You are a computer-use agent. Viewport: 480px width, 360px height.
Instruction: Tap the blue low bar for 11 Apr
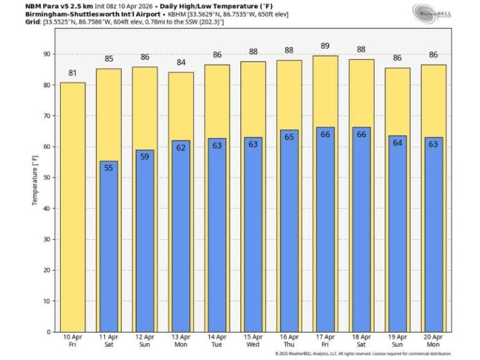tap(109, 246)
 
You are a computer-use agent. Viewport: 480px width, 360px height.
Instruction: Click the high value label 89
tap(325, 46)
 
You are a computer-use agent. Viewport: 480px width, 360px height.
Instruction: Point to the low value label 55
tap(109, 167)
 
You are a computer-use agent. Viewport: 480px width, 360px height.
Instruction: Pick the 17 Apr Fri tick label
tap(325, 341)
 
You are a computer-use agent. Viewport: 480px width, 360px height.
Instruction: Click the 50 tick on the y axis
tap(46, 177)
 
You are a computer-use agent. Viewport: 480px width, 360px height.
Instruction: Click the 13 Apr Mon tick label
tap(181, 341)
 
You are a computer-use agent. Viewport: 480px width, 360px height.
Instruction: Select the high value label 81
tap(72, 73)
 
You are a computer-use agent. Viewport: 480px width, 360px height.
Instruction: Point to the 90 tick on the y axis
tap(46, 54)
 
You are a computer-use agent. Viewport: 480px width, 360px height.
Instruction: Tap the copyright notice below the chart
tap(362, 354)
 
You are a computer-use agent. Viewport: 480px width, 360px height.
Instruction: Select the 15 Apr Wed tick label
tap(253, 341)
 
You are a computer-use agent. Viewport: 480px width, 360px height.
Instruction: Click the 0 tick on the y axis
tap(48, 331)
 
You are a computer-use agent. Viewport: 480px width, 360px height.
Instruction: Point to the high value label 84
tap(181, 62)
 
